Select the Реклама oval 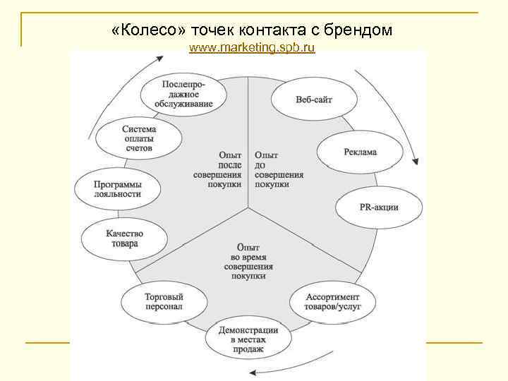pyautogui.click(x=360, y=152)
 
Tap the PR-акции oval pyautogui.click(x=378, y=207)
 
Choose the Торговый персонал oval pyautogui.click(x=164, y=303)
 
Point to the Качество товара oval pyautogui.click(x=124, y=238)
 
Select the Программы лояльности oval pyautogui.click(x=117, y=188)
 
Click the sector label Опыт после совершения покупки pyautogui.click(x=219, y=169)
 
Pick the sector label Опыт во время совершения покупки pyautogui.click(x=248, y=262)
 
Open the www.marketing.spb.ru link pyautogui.click(x=253, y=48)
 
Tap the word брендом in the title pyautogui.click(x=358, y=30)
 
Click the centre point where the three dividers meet pyautogui.click(x=248, y=210)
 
